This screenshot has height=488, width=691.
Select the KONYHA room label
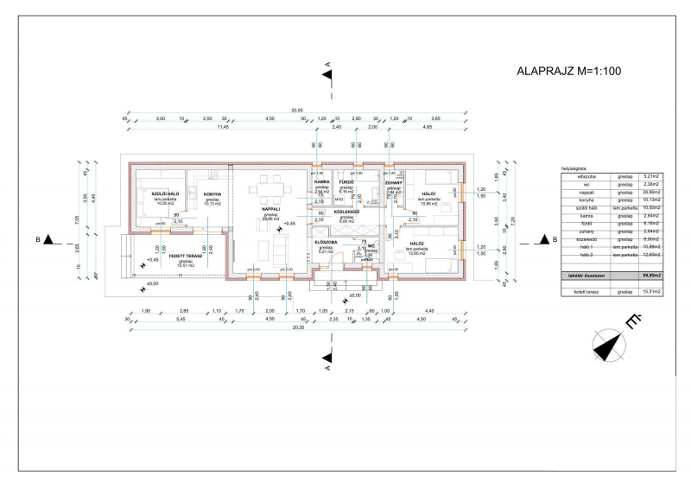[x=213, y=194]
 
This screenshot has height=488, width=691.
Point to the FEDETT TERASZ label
[x=185, y=257]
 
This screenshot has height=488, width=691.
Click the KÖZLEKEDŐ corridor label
[x=347, y=210]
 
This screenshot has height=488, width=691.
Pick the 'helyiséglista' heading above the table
[x=574, y=168]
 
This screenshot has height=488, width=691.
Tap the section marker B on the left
[x=49, y=239]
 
